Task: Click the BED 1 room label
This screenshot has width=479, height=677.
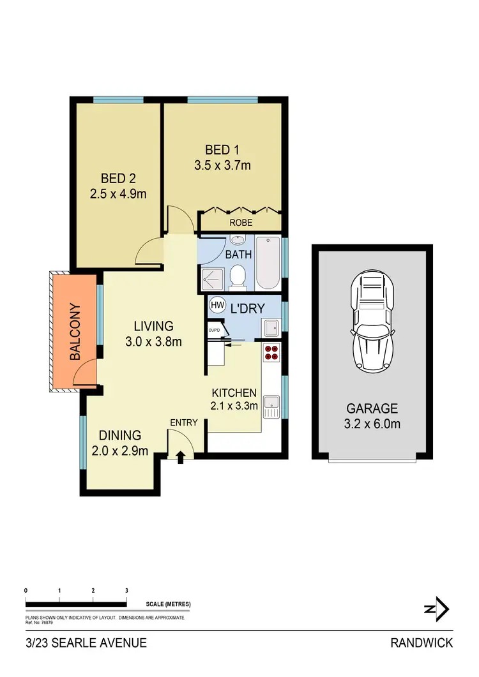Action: click(x=222, y=151)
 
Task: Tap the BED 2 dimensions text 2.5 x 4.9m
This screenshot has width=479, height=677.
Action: click(x=118, y=193)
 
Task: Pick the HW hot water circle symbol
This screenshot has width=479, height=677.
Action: click(x=217, y=306)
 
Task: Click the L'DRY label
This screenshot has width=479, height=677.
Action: click(x=243, y=308)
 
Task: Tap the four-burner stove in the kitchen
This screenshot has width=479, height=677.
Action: click(x=271, y=352)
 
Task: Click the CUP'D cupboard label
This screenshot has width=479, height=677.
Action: click(x=214, y=329)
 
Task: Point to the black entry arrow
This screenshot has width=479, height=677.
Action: click(x=180, y=456)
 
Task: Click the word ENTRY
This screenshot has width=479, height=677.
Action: click(x=183, y=422)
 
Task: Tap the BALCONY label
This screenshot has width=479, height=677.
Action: click(x=75, y=331)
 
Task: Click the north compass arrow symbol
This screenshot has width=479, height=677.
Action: click(x=437, y=609)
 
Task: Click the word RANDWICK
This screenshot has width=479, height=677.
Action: click(x=421, y=643)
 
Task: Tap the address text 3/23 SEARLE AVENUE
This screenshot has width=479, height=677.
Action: click(x=86, y=643)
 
